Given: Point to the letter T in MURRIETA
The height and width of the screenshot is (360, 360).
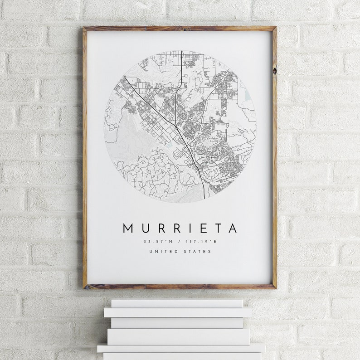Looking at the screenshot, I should click(x=217, y=228).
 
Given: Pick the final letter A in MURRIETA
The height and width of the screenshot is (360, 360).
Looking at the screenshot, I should click(x=233, y=228).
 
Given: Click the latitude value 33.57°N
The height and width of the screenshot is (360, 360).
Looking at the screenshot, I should click(x=156, y=242).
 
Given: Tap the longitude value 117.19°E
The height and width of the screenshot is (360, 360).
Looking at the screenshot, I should click(x=203, y=242).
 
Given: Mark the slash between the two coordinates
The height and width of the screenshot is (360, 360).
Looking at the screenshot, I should click(x=180, y=242).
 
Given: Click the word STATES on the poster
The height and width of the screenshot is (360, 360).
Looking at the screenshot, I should click(x=198, y=252).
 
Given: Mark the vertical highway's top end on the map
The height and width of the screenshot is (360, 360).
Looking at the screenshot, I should click(x=182, y=51).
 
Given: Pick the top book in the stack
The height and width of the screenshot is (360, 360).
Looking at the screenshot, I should click(x=177, y=303).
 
